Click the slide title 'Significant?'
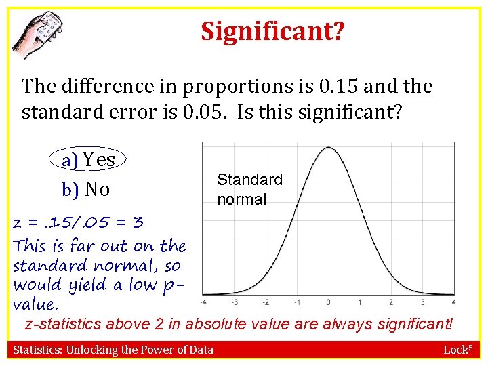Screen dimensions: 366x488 272,31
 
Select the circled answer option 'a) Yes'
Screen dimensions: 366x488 89,160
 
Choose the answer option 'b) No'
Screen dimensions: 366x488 85,190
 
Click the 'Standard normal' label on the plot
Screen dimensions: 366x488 249,189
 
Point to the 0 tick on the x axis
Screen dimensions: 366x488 328,302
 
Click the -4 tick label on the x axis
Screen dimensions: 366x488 203,302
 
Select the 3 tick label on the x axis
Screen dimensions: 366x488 422,302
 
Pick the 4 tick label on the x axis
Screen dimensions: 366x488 453,302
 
